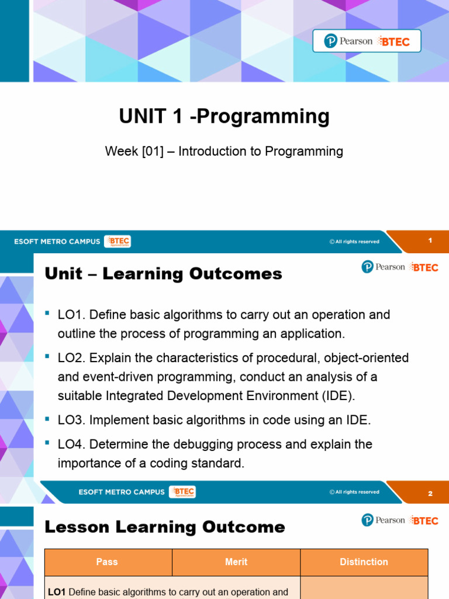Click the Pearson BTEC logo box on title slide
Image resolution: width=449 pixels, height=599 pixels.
point(367,41)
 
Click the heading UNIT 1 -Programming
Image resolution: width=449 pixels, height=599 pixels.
point(224,116)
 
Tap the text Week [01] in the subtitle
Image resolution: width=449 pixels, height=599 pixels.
point(134,152)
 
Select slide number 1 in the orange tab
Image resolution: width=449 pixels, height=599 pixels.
point(430,240)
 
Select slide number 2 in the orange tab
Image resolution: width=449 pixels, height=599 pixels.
point(430,493)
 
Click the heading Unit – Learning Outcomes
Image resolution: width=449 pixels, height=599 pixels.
point(163,274)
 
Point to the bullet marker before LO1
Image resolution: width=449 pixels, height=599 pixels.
point(48,314)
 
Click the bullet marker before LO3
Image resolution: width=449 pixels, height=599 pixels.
point(48,419)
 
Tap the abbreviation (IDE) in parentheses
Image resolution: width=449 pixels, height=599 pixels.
point(336,396)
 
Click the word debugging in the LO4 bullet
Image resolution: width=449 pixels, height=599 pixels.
point(198,444)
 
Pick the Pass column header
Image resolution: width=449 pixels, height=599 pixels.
point(107,562)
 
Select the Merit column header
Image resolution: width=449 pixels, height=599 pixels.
point(236,562)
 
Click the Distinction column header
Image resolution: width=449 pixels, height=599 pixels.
point(364,562)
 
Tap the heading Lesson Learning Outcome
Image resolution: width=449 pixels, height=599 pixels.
point(165,527)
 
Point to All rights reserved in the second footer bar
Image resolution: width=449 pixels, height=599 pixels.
point(354,492)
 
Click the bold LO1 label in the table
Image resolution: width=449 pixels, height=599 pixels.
point(57,592)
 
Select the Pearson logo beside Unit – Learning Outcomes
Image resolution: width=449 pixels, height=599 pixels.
point(384,267)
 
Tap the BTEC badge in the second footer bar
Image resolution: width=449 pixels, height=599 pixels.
point(182,492)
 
